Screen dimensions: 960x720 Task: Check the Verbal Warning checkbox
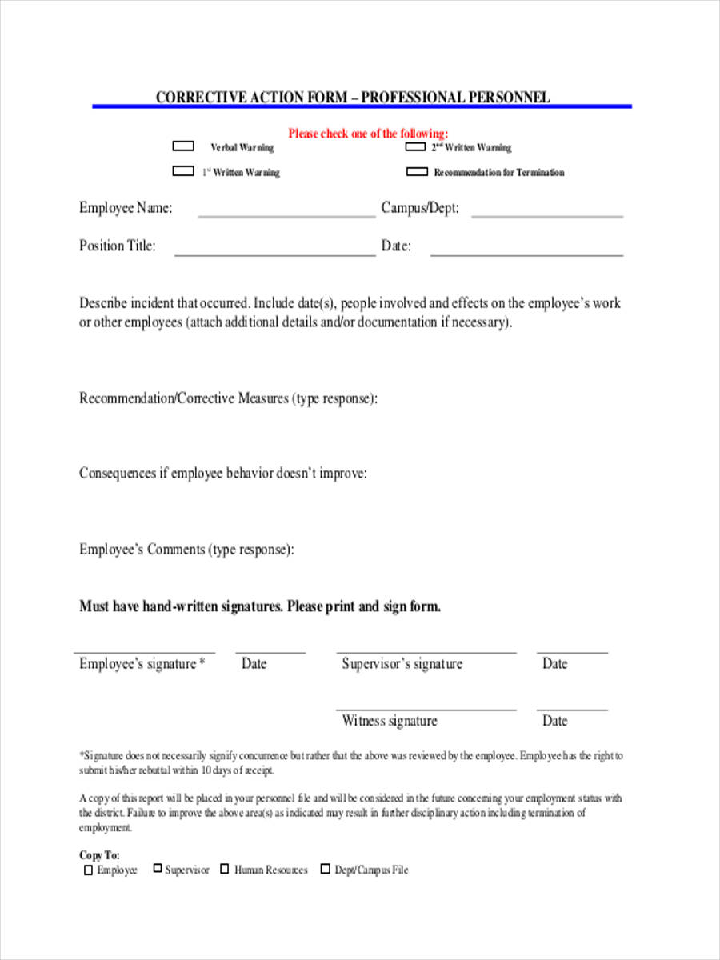click(183, 146)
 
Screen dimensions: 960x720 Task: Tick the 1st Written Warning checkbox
click(183, 171)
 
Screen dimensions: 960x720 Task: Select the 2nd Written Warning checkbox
click(415, 146)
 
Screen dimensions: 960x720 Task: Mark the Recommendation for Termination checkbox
click(417, 171)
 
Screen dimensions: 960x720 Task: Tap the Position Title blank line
click(274, 254)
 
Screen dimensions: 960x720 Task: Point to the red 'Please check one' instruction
click(368, 134)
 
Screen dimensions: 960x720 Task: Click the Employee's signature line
click(144, 652)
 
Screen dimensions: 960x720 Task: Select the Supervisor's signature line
click(426, 652)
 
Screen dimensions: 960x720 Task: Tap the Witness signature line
click(426, 709)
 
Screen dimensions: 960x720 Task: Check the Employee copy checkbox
click(88, 870)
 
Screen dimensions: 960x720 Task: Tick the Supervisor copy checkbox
click(158, 869)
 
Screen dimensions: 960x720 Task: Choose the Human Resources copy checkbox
click(225, 870)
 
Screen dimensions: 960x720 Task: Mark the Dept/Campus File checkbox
click(326, 870)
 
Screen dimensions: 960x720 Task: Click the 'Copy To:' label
click(99, 855)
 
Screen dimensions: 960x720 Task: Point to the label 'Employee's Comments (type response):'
click(186, 550)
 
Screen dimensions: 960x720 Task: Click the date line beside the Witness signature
click(572, 709)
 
